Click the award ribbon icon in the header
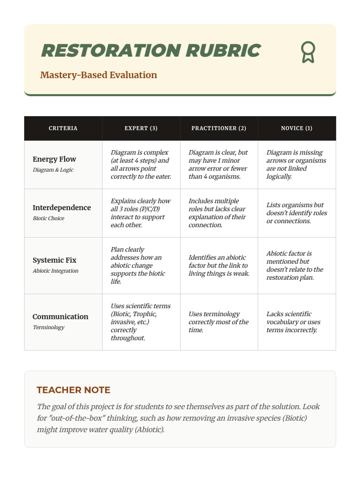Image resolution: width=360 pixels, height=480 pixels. pos(308,52)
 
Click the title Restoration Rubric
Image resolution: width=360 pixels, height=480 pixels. pos(151,50)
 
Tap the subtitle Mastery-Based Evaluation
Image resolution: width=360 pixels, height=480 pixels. pos(98,75)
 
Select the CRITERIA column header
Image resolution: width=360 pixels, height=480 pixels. pos(63,128)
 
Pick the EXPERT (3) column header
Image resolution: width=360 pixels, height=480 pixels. pos(141,128)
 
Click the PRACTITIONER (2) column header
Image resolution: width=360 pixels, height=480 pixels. pos(219,128)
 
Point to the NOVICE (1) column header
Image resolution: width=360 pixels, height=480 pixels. pos(296,128)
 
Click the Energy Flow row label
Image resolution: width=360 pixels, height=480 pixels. pos(54,159)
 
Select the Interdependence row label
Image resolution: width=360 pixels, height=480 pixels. pos(61,208)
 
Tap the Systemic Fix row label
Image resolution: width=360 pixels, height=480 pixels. pos(54,260)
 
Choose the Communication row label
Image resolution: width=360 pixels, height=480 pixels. pos(60,316)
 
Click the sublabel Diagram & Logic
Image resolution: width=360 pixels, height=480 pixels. pos(53,170)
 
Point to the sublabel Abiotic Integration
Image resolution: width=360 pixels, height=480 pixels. pos(55,271)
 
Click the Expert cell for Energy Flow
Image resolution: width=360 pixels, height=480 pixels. pos(141,164)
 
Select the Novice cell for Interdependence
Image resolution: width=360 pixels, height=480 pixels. pos(296,213)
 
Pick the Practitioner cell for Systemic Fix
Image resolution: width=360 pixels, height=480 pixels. pos(219,265)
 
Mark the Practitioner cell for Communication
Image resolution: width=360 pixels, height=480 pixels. pos(218,322)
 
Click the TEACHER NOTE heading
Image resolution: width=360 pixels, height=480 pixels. pos(73,390)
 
